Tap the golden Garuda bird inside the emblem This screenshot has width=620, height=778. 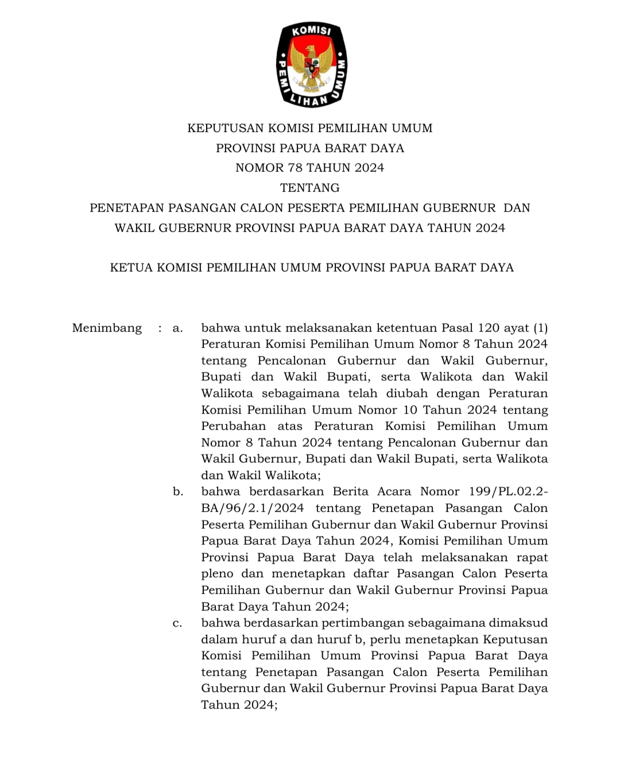(311, 68)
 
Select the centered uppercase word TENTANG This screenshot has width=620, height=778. (310, 188)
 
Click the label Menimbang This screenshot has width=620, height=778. (107, 328)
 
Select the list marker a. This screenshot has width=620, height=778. (177, 328)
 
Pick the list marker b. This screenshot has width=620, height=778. (178, 492)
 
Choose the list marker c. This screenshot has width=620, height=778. (177, 623)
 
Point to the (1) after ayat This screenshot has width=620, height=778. (540, 328)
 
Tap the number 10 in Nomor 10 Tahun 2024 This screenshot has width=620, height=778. (410, 410)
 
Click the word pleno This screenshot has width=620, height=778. (217, 574)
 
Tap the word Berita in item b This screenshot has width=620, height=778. (350, 492)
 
